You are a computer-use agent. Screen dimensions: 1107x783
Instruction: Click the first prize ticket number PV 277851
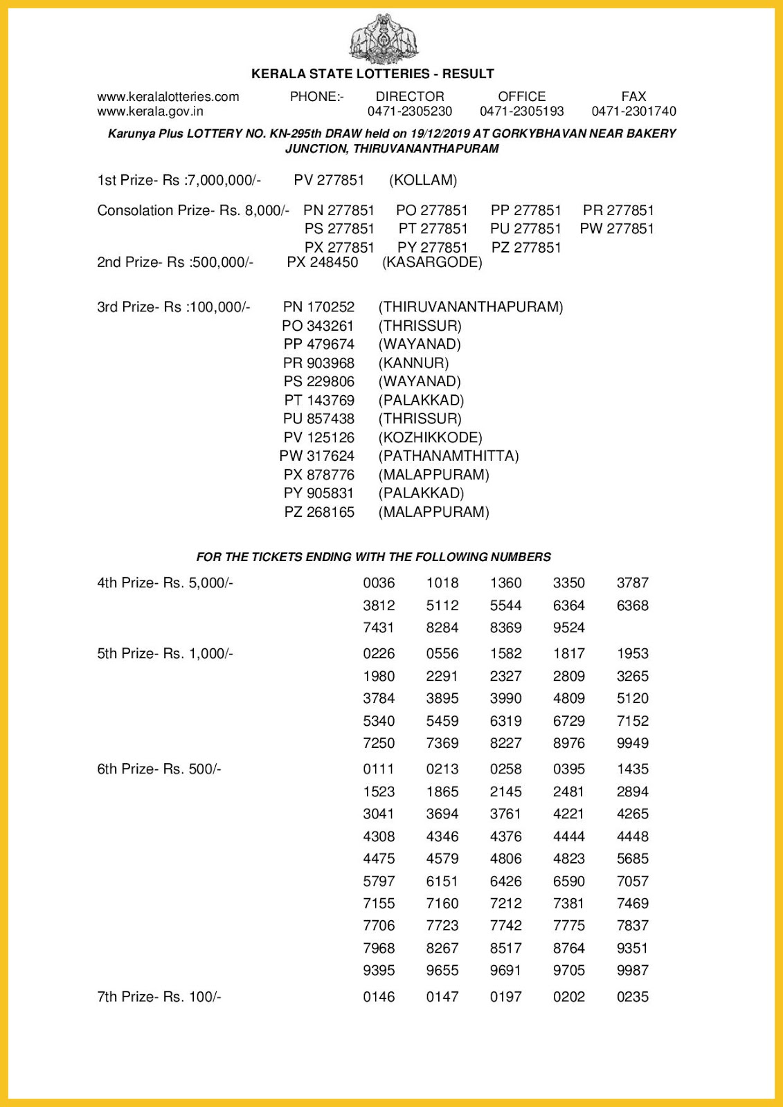[x=329, y=181]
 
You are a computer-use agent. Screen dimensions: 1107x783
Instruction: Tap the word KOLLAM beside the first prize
[x=423, y=181]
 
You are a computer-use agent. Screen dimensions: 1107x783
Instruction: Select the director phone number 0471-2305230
[x=410, y=111]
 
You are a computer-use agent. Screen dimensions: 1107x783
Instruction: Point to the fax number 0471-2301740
[x=633, y=111]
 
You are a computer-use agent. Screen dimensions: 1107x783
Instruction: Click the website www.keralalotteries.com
[x=168, y=97]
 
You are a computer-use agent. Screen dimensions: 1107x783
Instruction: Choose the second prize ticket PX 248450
[x=323, y=263]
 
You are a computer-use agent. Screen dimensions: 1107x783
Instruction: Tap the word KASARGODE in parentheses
[x=432, y=263]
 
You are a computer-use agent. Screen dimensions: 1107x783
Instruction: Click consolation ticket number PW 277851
[x=617, y=229]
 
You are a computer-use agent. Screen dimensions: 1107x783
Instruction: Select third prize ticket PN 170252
[x=318, y=307]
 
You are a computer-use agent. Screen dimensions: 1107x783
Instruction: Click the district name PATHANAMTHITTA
[x=449, y=456]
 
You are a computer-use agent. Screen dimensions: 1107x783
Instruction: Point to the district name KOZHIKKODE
[x=430, y=437]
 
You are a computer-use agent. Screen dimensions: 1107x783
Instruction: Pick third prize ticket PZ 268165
[x=319, y=512]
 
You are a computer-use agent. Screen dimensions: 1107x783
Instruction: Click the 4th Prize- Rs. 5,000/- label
[x=165, y=583]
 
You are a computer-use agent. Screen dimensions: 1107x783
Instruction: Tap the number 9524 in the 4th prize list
[x=568, y=628]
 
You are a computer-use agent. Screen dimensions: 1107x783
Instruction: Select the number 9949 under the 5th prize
[x=633, y=743]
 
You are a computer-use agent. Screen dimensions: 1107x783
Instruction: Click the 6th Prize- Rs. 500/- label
[x=159, y=769]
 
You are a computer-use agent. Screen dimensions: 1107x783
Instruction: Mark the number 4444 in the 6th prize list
[x=568, y=836]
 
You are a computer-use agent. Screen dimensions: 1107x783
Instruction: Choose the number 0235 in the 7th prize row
[x=633, y=997]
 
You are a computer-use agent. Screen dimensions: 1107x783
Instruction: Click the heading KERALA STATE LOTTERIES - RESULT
[x=372, y=74]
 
